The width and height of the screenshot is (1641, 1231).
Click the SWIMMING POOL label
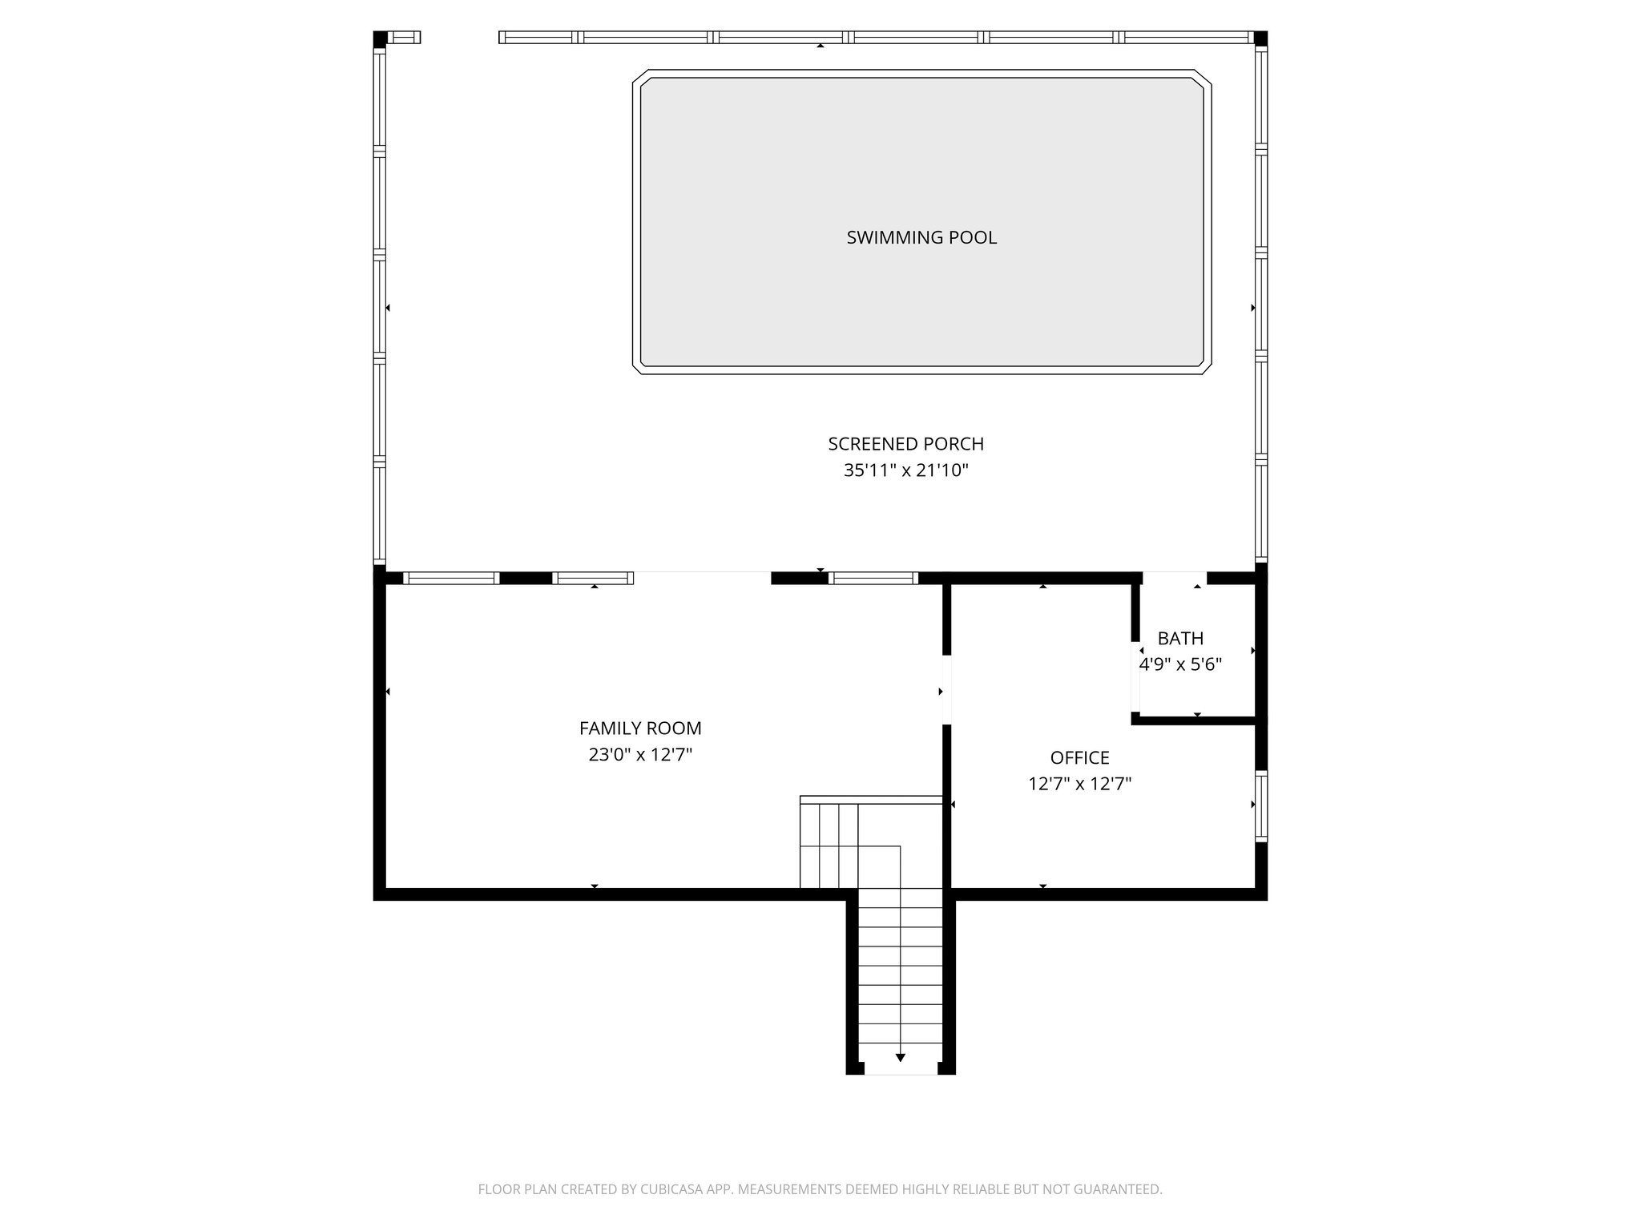click(921, 237)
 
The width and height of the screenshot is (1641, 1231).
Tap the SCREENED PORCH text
click(905, 444)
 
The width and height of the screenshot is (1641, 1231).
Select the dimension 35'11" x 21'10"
click(905, 470)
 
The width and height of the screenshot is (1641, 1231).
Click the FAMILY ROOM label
click(640, 729)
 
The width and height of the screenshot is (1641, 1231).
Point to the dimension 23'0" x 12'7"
click(640, 755)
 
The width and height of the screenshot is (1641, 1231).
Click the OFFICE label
click(1079, 757)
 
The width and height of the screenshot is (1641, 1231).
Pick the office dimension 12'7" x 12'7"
click(1079, 784)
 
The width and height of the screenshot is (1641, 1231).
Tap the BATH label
click(1180, 639)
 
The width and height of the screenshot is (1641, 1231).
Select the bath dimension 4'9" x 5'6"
click(1180, 664)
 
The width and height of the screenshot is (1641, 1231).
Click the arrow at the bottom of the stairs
click(900, 1057)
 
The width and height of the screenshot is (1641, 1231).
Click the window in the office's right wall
click(1261, 805)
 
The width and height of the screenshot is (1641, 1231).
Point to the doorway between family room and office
click(946, 690)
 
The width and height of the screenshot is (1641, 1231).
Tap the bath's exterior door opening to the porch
click(1174, 578)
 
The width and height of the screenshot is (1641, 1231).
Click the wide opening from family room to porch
click(702, 578)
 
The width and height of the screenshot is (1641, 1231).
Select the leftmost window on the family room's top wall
click(450, 578)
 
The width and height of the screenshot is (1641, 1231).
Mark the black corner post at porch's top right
click(1260, 38)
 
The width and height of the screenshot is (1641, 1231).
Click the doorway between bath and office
click(1135, 677)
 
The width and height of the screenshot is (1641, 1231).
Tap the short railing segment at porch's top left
click(404, 37)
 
